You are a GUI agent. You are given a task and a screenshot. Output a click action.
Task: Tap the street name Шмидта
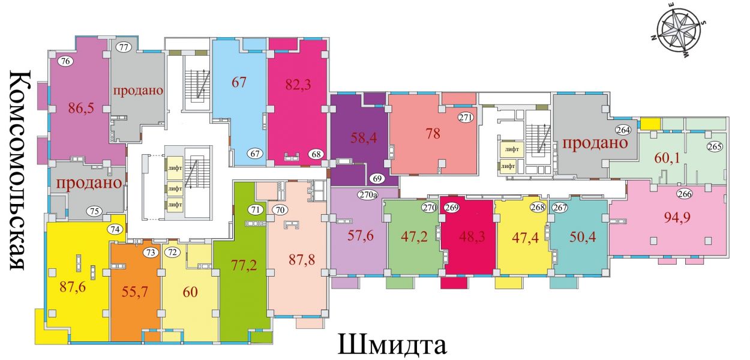pos(392,344)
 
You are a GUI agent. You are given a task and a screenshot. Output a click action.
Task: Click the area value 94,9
pos(677,218)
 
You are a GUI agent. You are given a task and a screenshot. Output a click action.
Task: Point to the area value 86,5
pos(82,108)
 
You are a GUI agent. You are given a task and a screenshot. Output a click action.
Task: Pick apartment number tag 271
pos(466,118)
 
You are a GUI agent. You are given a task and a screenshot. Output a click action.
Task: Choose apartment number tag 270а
pos(367,194)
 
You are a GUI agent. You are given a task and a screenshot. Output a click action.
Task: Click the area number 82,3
pos(298,85)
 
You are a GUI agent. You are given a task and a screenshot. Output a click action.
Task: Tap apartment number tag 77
pos(124,47)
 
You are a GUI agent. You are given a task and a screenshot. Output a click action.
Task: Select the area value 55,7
pos(134,292)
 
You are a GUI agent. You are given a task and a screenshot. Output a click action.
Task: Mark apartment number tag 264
pos(623,130)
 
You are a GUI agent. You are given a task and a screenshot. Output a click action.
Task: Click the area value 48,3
pos(472,237)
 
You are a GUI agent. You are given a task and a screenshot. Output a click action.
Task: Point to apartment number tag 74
pos(115,229)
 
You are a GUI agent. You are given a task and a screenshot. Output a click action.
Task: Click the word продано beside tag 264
pos(595,143)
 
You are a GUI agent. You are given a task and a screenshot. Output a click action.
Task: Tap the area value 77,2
pos(244,265)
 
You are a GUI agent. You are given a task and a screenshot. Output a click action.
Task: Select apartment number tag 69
pos(377,178)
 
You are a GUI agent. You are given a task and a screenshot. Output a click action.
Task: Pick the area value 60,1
pos(667,158)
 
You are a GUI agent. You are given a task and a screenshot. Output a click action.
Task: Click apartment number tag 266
pos(685,194)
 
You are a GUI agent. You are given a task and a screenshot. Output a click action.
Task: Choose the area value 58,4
pos(364,137)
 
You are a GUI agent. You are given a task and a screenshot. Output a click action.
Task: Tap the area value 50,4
pos(583,237)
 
